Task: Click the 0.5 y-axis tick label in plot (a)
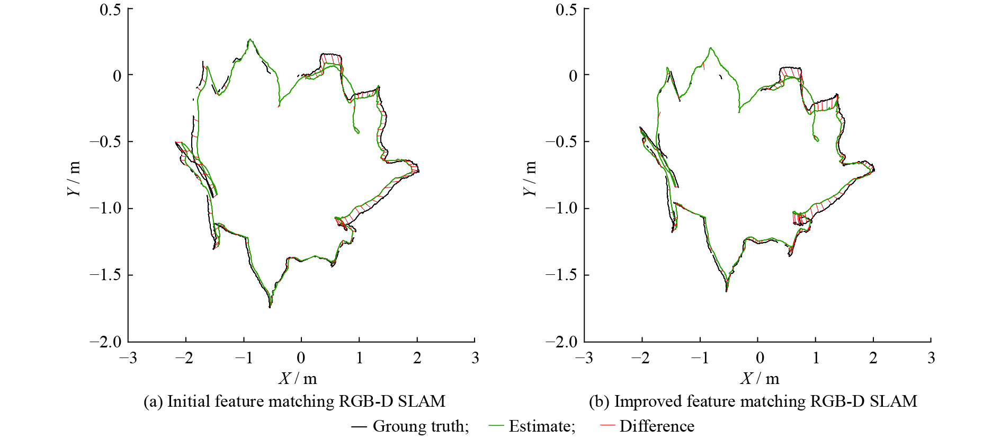point(110,10)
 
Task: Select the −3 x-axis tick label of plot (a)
point(128,358)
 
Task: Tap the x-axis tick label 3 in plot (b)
point(931,358)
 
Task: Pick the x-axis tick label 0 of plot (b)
point(759,358)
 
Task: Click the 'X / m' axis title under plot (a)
point(298,378)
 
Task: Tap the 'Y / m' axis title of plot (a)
point(75,178)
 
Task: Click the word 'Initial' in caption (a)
point(183,401)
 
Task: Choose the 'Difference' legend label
point(657,426)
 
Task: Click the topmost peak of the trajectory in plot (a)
point(249,39)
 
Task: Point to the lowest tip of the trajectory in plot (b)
point(726,291)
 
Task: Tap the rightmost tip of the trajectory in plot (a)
point(419,171)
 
